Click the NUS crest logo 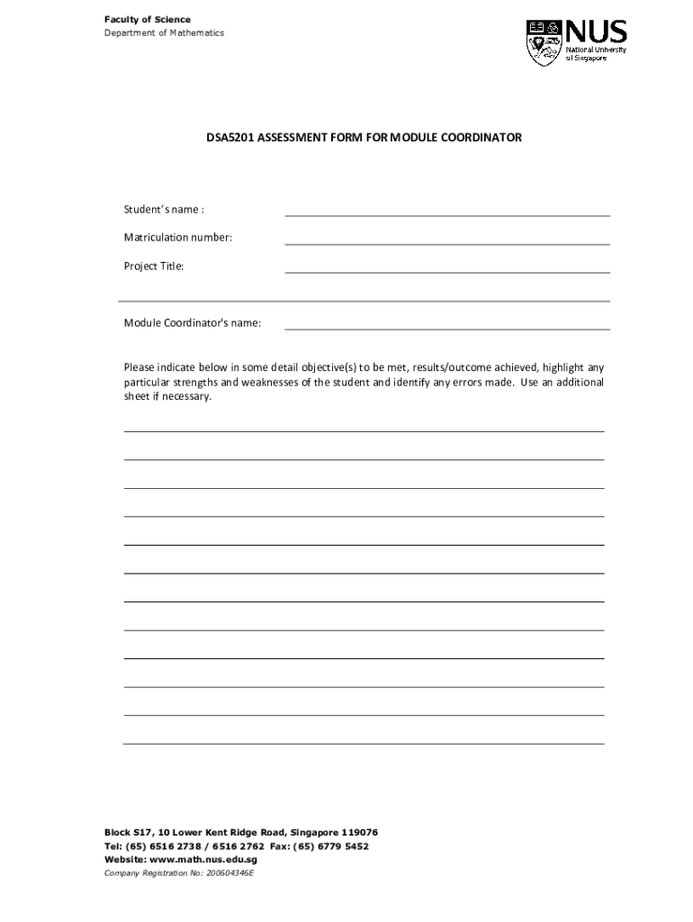pyautogui.click(x=544, y=42)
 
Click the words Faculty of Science pyautogui.click(x=147, y=20)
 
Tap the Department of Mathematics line pyautogui.click(x=165, y=33)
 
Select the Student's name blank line pyautogui.click(x=446, y=214)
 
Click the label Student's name pyautogui.click(x=164, y=210)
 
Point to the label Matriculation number pyautogui.click(x=177, y=238)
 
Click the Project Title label pyautogui.click(x=154, y=267)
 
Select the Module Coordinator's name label pyautogui.click(x=193, y=323)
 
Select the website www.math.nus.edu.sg pyautogui.click(x=206, y=860)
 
